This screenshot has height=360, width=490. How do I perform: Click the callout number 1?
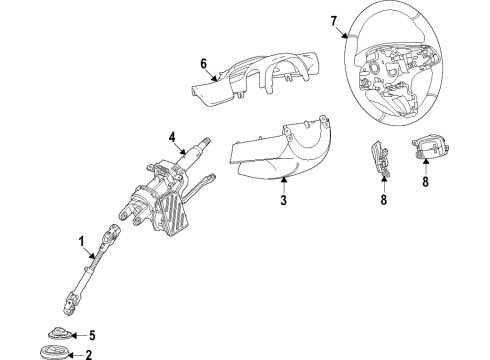[82, 242]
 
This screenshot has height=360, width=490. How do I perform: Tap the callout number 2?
[88, 355]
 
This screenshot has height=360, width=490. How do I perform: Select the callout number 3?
[283, 200]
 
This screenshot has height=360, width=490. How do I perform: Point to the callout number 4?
[172, 137]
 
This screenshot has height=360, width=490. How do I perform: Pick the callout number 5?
[92, 335]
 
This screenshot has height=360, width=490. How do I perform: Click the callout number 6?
[204, 63]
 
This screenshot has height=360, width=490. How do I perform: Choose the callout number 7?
[334, 21]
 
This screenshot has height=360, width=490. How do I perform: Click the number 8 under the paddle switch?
[384, 200]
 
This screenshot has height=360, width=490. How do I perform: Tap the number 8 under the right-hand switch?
[425, 182]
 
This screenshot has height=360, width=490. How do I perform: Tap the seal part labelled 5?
[59, 333]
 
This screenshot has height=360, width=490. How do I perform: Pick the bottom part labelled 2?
[55, 353]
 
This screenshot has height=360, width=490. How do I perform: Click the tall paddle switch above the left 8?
[380, 158]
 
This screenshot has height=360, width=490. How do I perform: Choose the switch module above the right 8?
[430, 147]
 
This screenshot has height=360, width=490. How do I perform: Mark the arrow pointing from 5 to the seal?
[79, 335]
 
